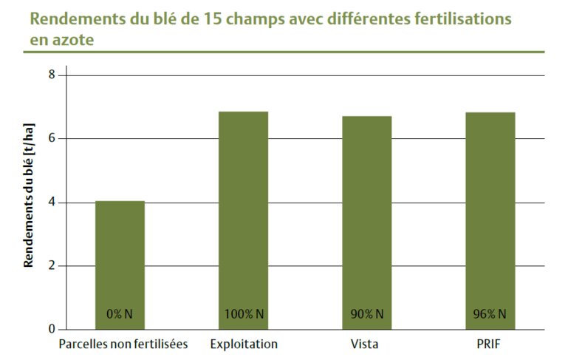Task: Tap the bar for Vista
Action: click(x=366, y=223)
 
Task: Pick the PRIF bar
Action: click(x=490, y=221)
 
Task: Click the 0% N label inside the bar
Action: click(x=120, y=314)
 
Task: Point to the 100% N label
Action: click(x=243, y=314)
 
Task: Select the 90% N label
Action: click(x=366, y=314)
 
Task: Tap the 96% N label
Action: click(x=490, y=314)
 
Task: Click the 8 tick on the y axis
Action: click(x=52, y=75)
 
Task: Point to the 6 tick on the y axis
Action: click(x=52, y=138)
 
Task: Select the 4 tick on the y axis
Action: click(x=52, y=203)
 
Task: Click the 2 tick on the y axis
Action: click(x=52, y=266)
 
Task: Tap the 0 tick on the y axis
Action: click(x=52, y=330)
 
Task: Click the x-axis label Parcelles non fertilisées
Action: click(x=123, y=344)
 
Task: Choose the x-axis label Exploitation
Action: click(x=244, y=344)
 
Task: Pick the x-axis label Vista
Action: click(x=366, y=344)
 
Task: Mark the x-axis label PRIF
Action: click(x=490, y=344)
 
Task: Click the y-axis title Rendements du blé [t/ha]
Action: click(x=29, y=202)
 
